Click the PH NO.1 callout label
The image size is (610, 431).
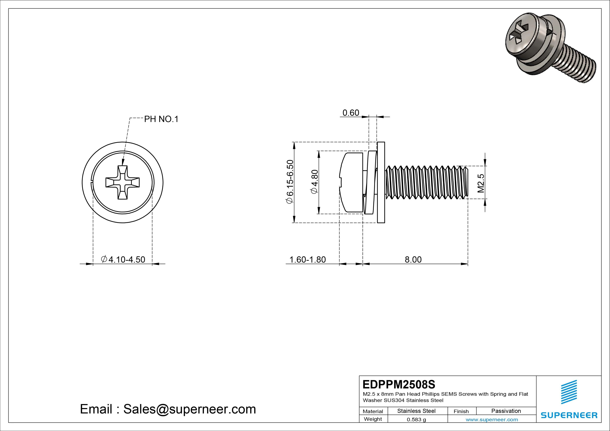(x=161, y=119)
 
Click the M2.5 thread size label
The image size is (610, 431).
(x=481, y=183)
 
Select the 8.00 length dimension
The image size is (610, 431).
(x=413, y=259)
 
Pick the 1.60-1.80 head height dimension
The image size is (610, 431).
(x=307, y=259)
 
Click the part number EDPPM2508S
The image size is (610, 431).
(x=399, y=384)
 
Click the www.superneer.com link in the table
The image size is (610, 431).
(x=492, y=420)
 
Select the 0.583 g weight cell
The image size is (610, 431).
(x=416, y=420)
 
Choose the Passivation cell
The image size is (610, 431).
(x=506, y=411)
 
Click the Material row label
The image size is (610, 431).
(x=373, y=411)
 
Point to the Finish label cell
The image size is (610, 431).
(x=461, y=411)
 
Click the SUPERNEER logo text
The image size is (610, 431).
(x=569, y=415)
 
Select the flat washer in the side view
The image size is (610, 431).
(x=381, y=182)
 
